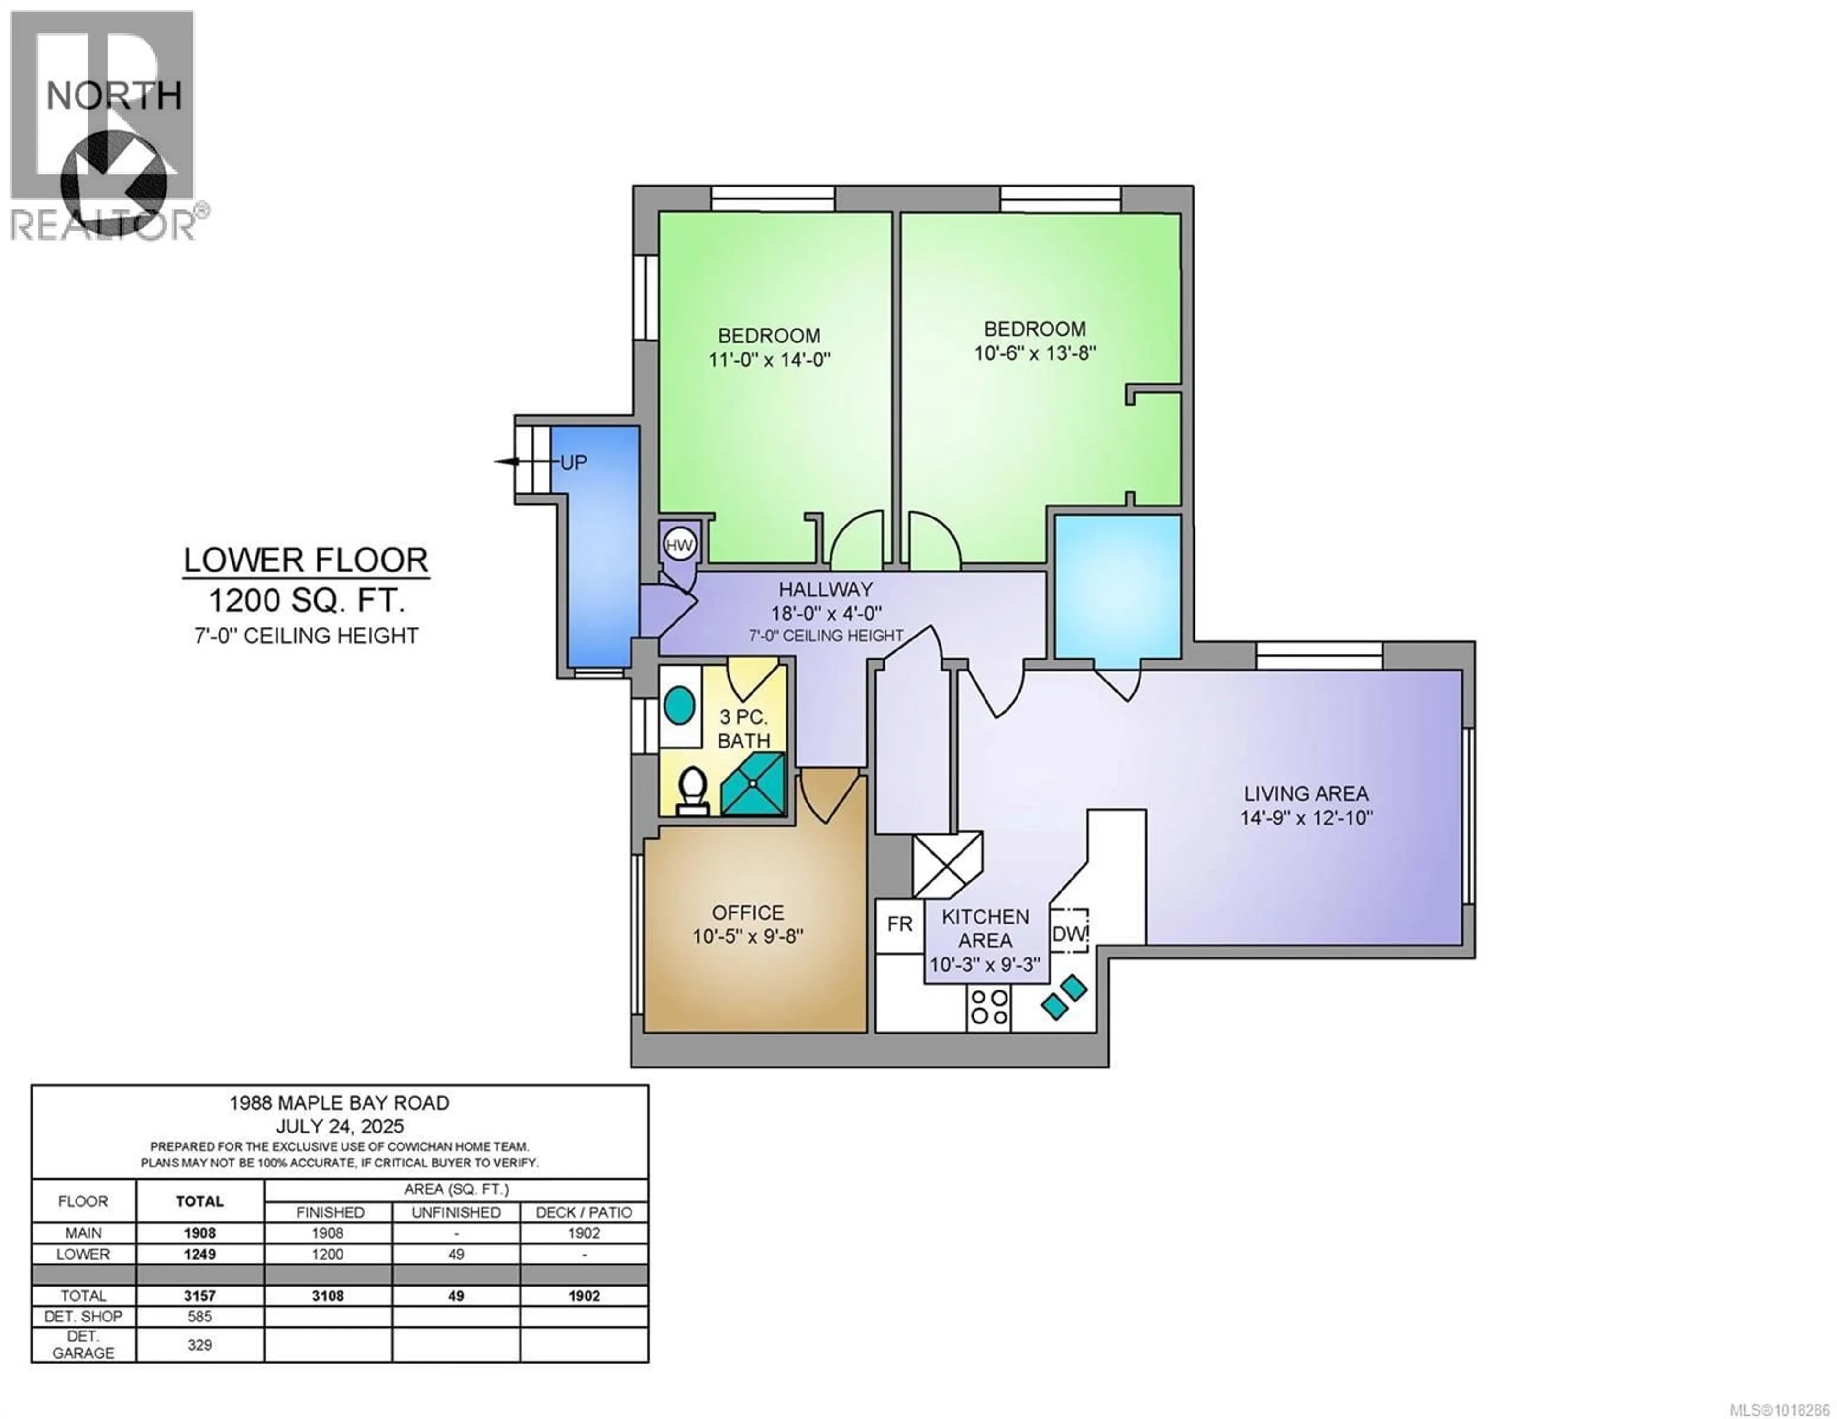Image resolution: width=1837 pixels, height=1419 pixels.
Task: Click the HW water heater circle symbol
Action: [679, 545]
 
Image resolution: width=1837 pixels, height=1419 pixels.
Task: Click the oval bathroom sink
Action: [680, 705]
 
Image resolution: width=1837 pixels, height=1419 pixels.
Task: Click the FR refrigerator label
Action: [899, 924]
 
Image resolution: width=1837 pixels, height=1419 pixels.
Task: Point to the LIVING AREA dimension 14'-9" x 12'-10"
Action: [1306, 817]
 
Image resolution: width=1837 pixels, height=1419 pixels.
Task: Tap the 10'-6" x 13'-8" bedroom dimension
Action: [1035, 353]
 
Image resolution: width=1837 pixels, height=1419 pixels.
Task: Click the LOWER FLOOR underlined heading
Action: [306, 560]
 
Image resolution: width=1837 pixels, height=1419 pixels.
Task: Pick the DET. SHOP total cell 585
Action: [199, 1316]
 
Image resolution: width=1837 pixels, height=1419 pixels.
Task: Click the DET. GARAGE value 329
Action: [199, 1345]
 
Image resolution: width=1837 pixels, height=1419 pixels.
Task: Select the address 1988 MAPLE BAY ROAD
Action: [339, 1103]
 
